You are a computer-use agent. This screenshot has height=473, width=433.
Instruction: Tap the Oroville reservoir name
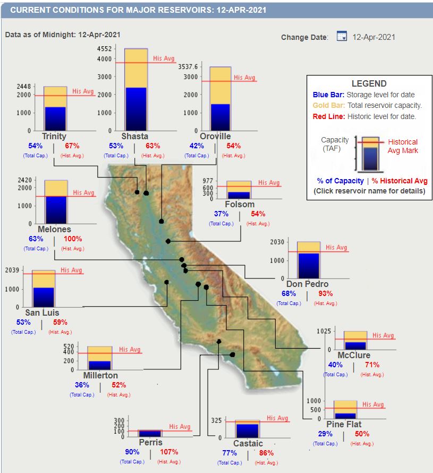click(216, 137)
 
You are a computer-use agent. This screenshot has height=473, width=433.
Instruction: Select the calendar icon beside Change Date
click(342, 37)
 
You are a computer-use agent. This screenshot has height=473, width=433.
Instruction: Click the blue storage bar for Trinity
click(55, 119)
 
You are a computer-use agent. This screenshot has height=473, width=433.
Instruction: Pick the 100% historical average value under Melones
click(73, 239)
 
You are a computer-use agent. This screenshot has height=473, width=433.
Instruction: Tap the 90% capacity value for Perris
click(132, 452)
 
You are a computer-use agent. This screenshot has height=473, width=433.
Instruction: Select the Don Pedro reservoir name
click(307, 284)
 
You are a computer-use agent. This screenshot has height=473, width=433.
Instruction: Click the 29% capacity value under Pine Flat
click(325, 434)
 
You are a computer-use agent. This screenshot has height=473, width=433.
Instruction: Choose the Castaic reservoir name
click(248, 443)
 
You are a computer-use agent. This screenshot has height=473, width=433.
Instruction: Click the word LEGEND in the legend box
click(369, 84)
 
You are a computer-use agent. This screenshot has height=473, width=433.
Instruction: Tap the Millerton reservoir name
click(100, 375)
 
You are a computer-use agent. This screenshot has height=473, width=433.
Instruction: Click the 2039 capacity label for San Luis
click(12, 270)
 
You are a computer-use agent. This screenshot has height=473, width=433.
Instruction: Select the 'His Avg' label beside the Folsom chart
click(269, 183)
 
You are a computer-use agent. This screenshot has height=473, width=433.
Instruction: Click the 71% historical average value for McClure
click(372, 365)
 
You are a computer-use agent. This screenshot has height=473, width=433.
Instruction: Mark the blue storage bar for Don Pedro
click(308, 265)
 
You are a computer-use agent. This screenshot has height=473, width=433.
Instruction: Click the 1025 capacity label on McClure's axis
click(324, 331)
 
